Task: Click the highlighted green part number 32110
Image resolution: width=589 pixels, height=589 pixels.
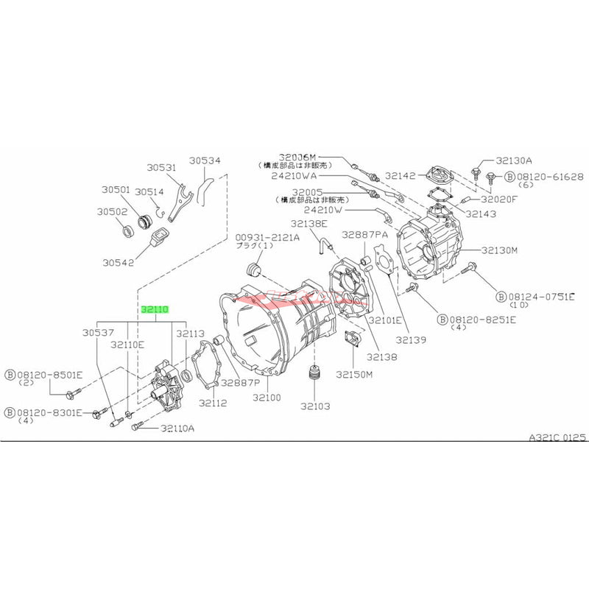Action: pos(155,311)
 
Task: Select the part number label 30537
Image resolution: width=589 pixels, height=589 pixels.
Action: pos(113,334)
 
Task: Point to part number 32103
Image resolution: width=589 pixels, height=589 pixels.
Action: pos(315,406)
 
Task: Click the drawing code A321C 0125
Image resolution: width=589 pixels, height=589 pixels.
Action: pos(557,437)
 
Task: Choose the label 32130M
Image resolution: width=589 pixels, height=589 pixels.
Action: pos(500,250)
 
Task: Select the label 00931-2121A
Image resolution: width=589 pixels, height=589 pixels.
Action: pos(267,237)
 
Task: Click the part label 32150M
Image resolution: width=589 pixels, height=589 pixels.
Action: pos(355,374)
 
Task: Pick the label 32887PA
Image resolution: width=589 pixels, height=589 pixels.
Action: pos(364,234)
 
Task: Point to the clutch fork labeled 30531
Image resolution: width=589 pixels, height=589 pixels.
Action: pos(179,202)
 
